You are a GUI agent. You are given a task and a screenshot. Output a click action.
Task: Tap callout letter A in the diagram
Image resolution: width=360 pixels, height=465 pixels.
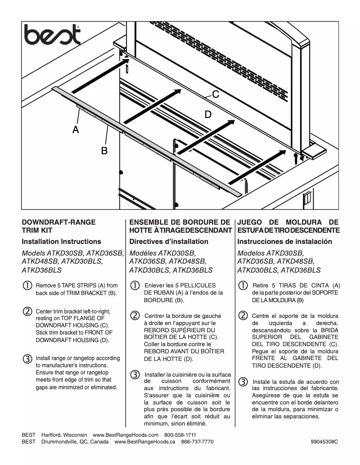point(76,130)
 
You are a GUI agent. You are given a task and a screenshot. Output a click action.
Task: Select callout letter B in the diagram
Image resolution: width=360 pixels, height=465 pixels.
point(104,151)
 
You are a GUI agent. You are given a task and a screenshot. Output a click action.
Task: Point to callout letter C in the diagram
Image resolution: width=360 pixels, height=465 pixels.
point(215,95)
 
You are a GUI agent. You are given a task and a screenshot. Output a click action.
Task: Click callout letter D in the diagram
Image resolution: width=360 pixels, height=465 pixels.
point(208,115)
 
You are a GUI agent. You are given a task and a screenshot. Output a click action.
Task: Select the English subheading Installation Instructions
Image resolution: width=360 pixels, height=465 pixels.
point(61,241)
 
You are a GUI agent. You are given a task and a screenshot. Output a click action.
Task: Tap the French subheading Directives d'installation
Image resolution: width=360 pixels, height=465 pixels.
point(169,241)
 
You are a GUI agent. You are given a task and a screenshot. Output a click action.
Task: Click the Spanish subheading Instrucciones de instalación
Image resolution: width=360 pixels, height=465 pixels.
point(285,241)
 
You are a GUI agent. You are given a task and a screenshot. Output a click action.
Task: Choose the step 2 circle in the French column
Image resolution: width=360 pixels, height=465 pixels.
point(135,315)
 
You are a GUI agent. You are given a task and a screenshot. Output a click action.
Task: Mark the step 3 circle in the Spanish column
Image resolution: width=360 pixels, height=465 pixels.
point(242,382)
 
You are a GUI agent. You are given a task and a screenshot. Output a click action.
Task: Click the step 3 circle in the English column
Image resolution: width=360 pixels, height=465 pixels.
point(27,359)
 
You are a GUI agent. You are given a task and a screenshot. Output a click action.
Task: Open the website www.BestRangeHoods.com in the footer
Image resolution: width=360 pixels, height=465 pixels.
point(126,435)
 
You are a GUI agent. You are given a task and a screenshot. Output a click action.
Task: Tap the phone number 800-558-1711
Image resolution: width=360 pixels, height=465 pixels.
point(180,435)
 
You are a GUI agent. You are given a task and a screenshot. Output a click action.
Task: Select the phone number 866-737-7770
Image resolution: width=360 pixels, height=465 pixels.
point(197,442)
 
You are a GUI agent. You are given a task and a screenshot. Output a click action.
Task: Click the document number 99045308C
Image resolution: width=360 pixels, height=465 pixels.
point(324,442)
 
